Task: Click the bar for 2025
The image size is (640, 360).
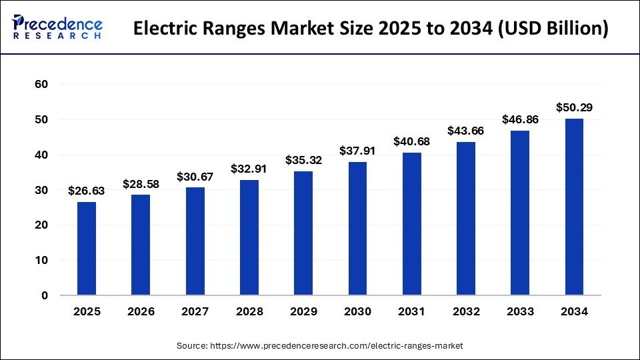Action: (87, 249)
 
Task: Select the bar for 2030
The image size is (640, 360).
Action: (357, 229)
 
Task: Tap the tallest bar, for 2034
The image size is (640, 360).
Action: (574, 207)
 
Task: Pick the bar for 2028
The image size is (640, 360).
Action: (249, 237)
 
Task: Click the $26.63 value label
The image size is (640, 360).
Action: (87, 191)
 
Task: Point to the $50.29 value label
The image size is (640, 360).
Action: (574, 107)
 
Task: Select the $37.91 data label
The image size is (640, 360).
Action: (357, 151)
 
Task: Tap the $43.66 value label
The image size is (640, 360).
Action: (466, 131)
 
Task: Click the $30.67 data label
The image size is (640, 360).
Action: (195, 177)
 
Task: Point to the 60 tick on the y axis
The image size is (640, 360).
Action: (42, 85)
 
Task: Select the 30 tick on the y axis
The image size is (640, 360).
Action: (42, 190)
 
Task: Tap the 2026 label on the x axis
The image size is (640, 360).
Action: (141, 311)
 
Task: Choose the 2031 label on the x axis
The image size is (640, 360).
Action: (411, 311)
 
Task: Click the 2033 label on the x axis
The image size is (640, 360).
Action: (520, 311)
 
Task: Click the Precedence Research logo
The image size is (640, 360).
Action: (57, 27)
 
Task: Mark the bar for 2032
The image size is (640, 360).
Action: (466, 219)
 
